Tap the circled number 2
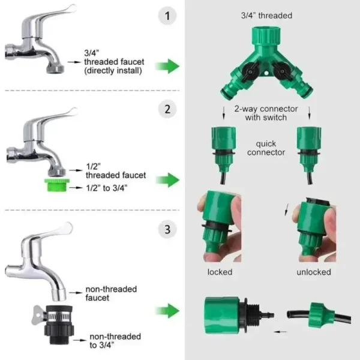pos(167,109)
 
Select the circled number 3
pos(167,229)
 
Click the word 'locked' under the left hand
pos(220,272)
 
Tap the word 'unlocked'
pos(313,272)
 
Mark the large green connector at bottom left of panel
pos(226,311)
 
